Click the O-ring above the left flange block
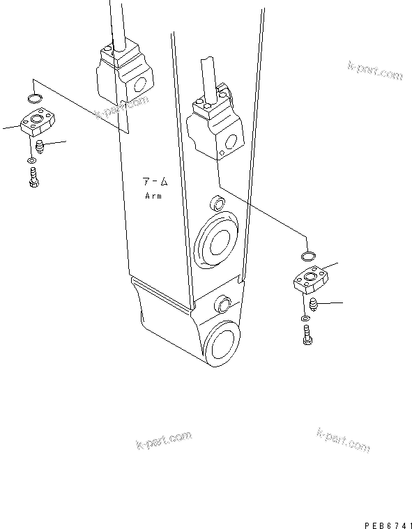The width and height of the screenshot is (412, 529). [x=36, y=97]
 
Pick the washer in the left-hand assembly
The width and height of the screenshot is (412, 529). [x=32, y=162]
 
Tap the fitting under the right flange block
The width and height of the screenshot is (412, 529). [x=313, y=305]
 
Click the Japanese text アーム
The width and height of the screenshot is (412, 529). [x=155, y=182]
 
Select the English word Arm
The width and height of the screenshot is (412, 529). [x=153, y=197]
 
